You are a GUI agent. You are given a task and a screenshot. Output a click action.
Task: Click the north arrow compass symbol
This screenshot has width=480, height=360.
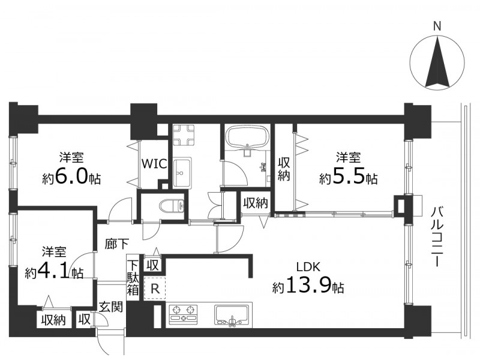tap(437, 62)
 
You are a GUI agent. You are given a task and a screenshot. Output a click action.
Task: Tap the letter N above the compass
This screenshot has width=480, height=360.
tap(437, 26)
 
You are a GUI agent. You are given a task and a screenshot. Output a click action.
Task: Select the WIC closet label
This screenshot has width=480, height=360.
tap(154, 163)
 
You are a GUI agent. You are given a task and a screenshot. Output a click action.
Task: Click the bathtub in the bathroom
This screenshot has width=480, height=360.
tap(247, 137)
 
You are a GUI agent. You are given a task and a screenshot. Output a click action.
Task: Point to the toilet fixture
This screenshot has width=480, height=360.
tap(172, 205)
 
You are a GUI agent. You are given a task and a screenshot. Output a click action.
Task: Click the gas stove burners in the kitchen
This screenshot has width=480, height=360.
tap(184, 314)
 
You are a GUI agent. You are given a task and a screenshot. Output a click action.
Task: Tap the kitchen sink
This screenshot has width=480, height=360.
tap(232, 316)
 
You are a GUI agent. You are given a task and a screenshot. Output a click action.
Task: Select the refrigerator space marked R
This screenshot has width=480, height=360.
tap(155, 289)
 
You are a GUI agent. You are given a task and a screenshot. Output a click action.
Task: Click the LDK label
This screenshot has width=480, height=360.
tap(308, 267)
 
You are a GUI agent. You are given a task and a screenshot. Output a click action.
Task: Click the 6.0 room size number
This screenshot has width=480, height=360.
tap(71, 177)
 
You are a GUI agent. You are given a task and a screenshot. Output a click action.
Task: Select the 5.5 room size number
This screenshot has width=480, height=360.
tap(349, 177)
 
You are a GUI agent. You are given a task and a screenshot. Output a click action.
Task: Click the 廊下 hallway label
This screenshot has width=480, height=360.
tap(116, 244)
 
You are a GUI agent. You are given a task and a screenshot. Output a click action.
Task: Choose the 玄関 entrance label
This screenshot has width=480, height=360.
tap(111, 307)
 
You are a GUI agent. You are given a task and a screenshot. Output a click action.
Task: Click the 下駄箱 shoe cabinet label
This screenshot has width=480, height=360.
tap(133, 278)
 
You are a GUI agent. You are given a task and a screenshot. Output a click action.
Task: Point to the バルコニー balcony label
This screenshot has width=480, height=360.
tap(438, 236)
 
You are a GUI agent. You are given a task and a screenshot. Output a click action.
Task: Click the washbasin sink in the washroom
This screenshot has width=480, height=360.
tap(182, 172)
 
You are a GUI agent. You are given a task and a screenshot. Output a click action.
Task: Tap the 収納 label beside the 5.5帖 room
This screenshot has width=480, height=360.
tap(283, 169)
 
